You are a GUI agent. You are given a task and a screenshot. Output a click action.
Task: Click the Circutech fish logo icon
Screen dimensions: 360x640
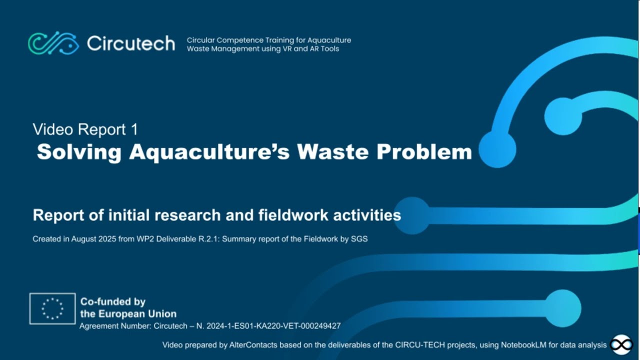(x=53, y=43)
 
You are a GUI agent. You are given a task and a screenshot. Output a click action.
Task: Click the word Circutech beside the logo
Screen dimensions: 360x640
(x=131, y=43)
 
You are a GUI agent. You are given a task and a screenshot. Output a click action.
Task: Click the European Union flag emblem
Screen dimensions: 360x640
(x=52, y=308)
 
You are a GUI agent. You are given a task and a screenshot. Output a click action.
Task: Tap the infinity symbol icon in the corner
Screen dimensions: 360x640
(x=621, y=345)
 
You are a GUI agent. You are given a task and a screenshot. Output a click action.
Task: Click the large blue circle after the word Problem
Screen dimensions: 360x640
(x=497, y=149)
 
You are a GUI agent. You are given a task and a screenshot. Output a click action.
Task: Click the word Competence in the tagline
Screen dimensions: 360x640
(x=234, y=40)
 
